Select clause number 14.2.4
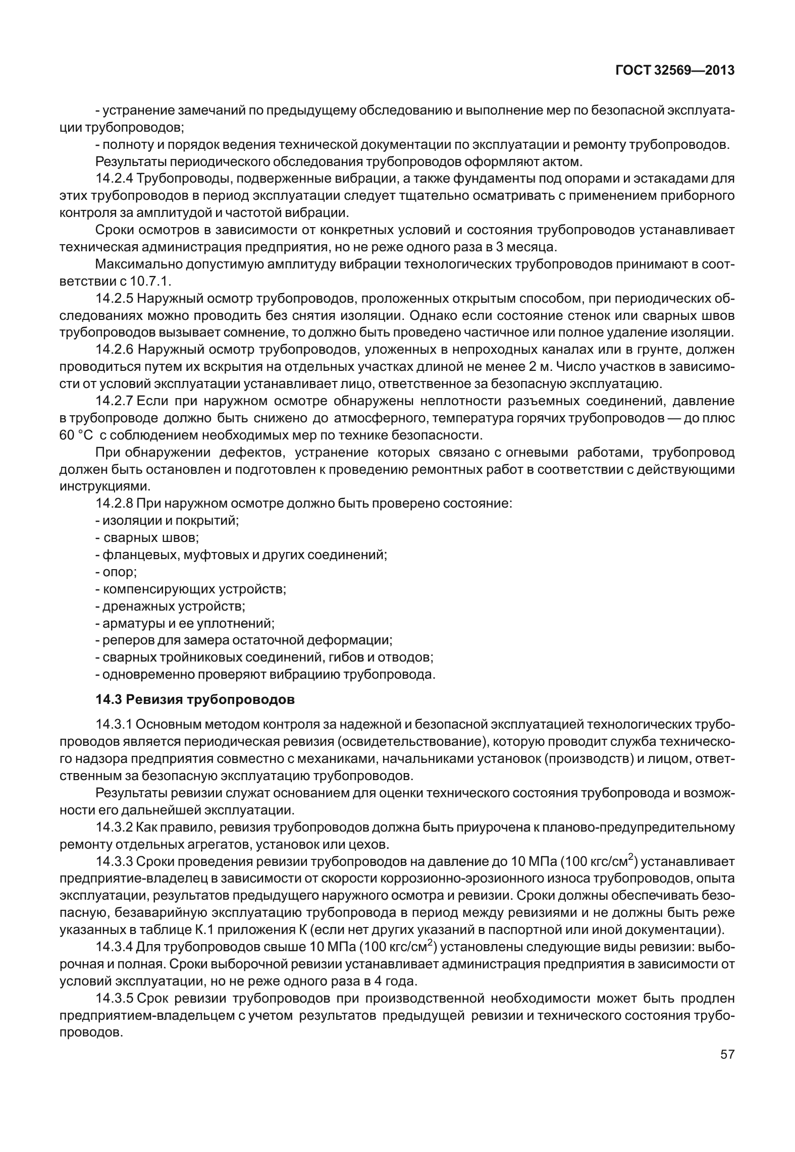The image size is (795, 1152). [x=114, y=179]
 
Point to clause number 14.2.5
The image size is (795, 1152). [x=114, y=299]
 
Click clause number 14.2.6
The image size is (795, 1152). [x=114, y=350]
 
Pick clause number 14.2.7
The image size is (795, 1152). [x=114, y=401]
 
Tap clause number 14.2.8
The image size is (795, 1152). [x=114, y=503]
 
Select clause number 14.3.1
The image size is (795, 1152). [x=114, y=725]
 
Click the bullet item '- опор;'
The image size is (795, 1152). [x=116, y=572]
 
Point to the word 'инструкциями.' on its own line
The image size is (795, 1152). [x=105, y=486]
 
